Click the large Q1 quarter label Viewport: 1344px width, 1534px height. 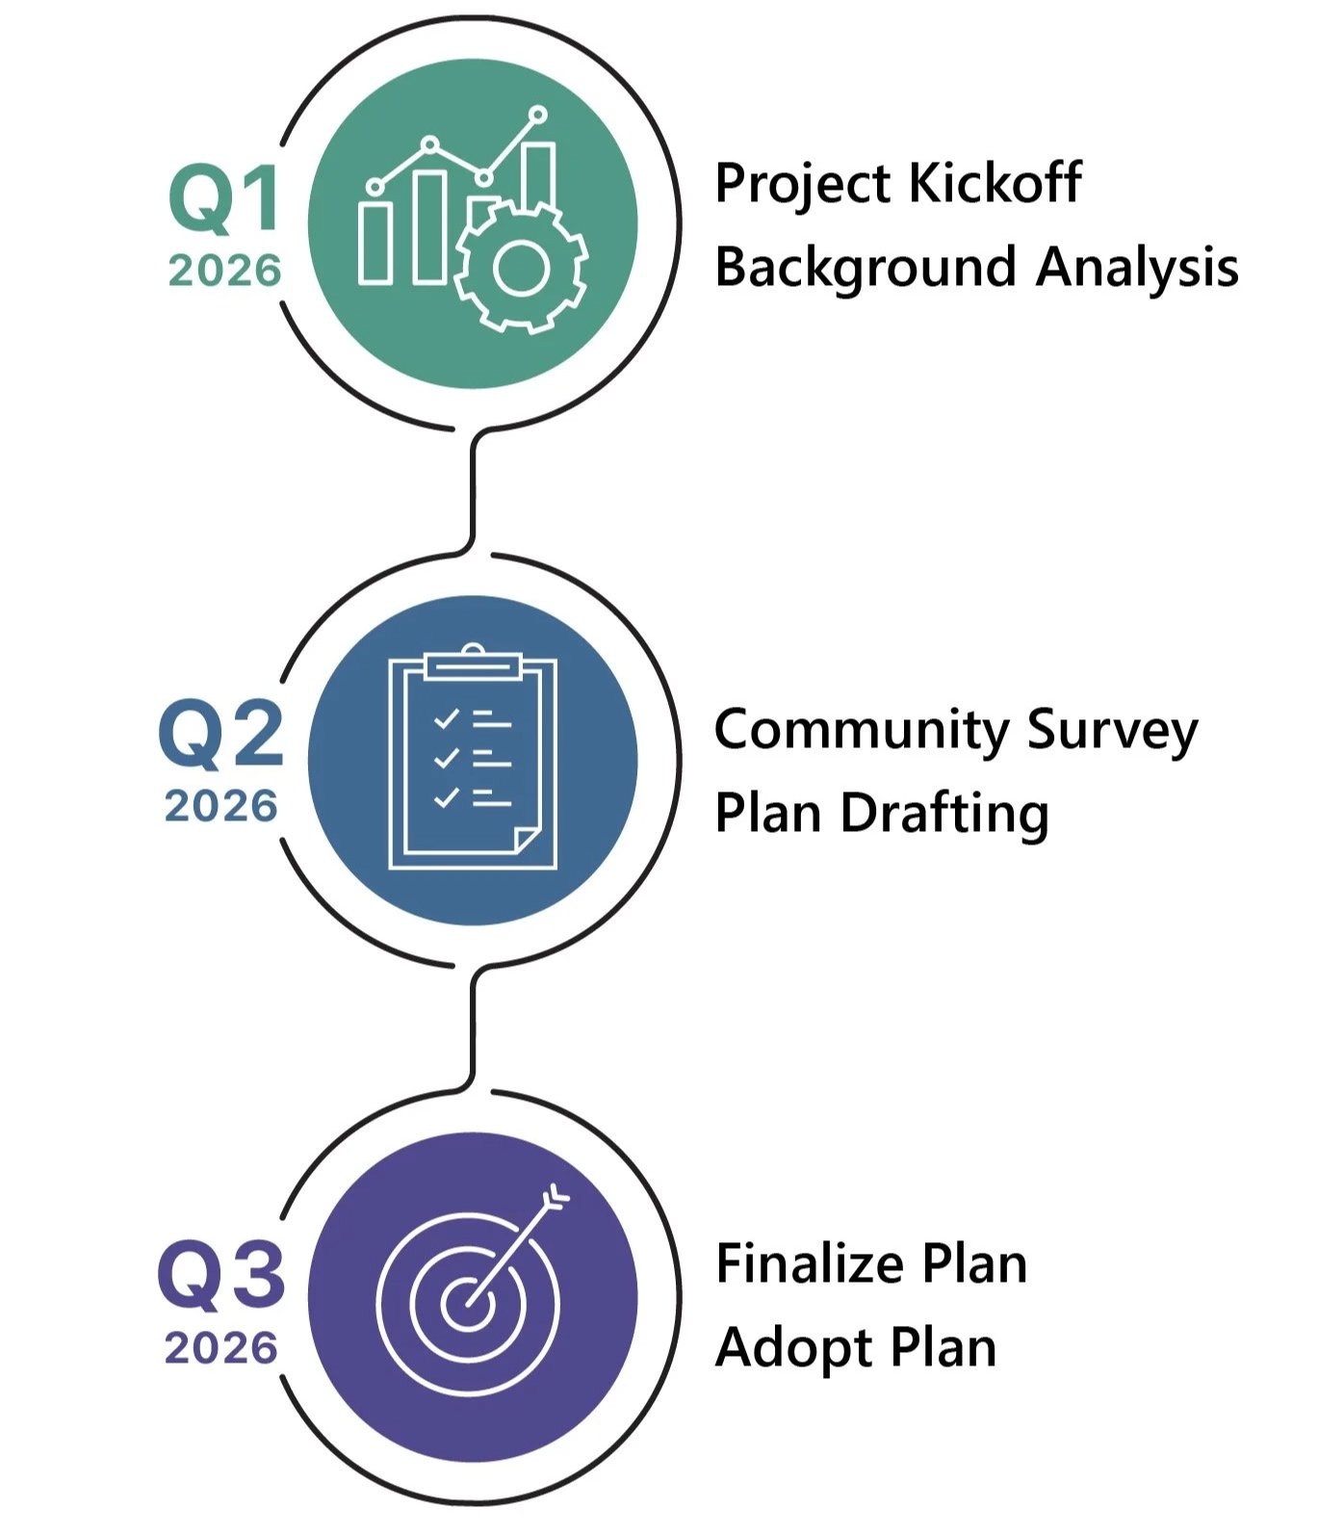tap(225, 197)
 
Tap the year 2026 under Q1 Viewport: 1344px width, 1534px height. tap(225, 271)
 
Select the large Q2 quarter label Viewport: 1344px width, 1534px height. tap(221, 734)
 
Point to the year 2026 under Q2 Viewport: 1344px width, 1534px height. tap(221, 806)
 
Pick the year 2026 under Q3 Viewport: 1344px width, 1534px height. tap(221, 1347)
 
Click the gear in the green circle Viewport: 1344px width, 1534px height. tap(521, 267)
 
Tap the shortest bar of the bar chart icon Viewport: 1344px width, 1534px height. tap(375, 243)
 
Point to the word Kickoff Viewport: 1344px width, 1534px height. tap(995, 182)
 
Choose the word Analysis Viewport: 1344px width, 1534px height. tap(1137, 267)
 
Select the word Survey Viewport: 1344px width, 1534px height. tap(1112, 730)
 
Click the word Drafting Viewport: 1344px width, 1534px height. tap(944, 813)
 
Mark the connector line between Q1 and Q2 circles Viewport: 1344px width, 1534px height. tap(473, 491)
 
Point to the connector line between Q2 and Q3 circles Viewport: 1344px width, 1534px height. tap(473, 1028)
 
